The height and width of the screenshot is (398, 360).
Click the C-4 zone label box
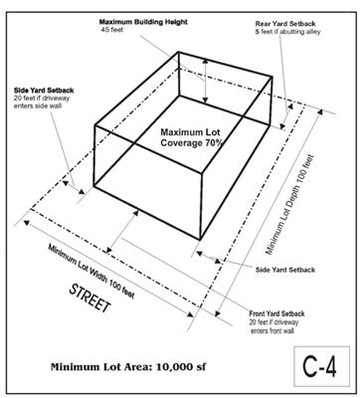321,366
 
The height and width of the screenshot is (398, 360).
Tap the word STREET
90,298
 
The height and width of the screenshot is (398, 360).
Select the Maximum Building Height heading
143,22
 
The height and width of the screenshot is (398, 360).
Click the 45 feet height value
112,30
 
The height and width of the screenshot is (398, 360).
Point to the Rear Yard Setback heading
285,24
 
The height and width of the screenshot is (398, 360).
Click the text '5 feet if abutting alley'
287,32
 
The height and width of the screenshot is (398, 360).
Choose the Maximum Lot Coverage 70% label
190,137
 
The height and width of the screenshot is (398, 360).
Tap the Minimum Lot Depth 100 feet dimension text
289,205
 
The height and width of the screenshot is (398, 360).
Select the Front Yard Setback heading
276,313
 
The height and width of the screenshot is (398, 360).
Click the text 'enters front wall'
272,330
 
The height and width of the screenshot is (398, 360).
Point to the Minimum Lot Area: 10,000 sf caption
128,367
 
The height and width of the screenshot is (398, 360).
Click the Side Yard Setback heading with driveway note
44,91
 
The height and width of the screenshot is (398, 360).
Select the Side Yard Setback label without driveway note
285,270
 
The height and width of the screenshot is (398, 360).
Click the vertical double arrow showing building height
206,81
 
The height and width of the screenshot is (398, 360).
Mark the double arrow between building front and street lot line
122,232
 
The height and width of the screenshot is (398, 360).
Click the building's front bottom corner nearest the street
200,239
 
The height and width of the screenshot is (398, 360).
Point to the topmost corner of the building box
179,52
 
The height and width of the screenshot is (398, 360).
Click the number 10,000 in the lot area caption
172,367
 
